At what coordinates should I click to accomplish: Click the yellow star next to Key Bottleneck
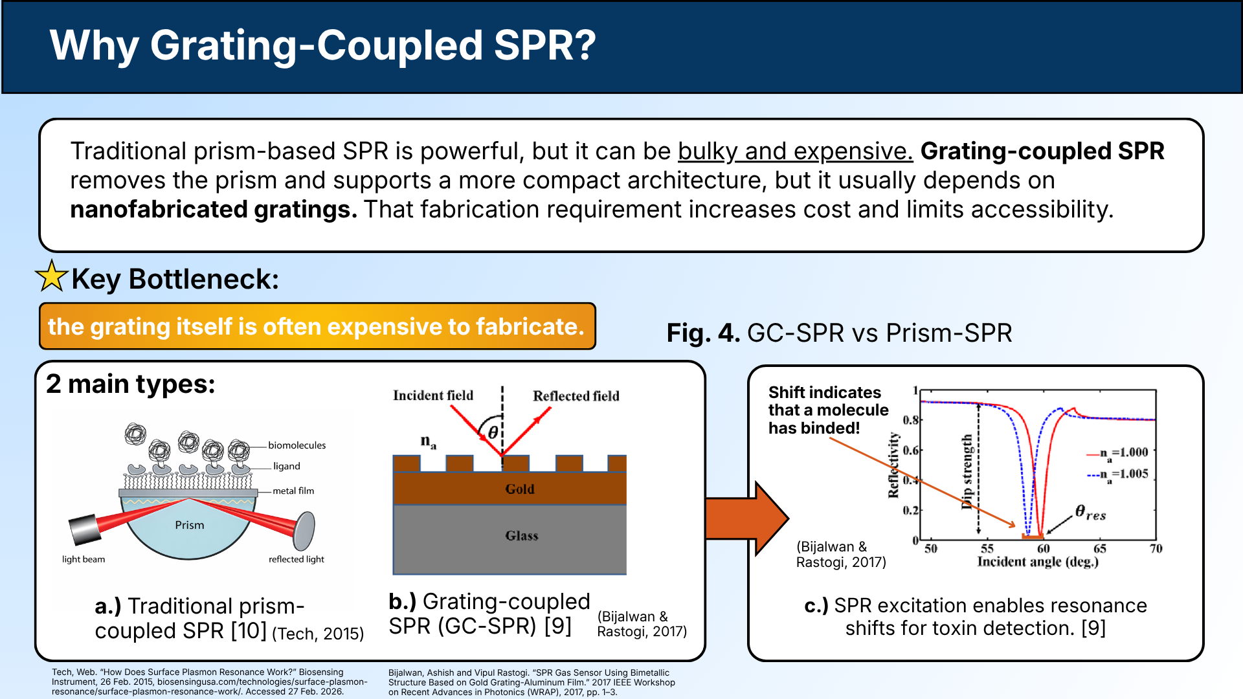click(52, 277)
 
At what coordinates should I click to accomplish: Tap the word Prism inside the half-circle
click(189, 525)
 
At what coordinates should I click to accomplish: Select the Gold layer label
click(520, 489)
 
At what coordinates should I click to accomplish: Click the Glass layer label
click(521, 536)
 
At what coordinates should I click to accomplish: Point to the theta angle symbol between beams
click(493, 432)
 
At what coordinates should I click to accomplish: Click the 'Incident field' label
click(432, 395)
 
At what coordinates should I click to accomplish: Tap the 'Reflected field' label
click(576, 396)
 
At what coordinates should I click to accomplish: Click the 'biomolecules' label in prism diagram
click(297, 445)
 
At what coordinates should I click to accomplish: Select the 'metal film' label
click(293, 491)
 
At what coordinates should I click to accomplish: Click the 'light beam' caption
click(83, 559)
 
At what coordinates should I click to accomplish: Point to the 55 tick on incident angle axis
click(987, 549)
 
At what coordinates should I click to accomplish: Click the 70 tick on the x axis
click(1156, 549)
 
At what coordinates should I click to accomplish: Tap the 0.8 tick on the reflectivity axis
click(910, 420)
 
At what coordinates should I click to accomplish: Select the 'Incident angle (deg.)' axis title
click(1037, 562)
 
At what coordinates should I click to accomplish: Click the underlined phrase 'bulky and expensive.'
click(795, 151)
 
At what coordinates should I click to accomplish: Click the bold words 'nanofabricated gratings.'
click(213, 210)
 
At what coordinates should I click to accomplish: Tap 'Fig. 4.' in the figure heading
click(702, 333)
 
